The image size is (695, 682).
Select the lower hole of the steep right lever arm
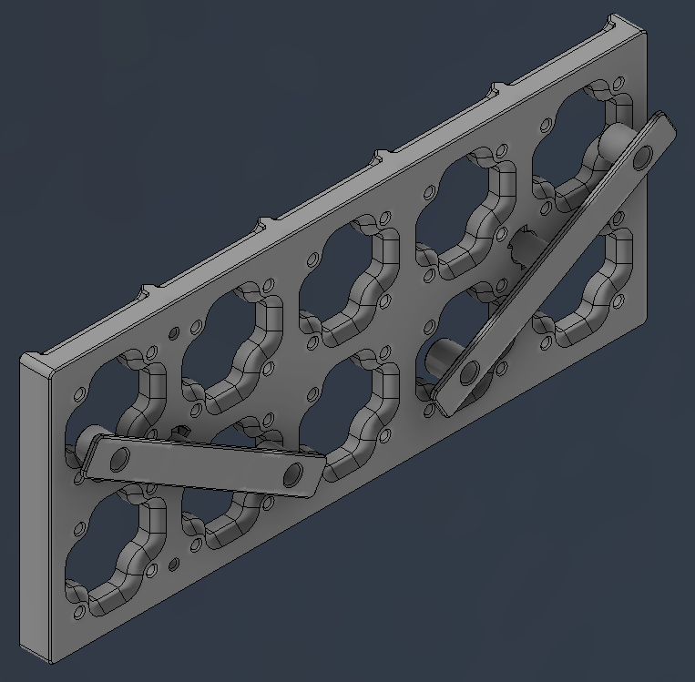pyautogui.click(x=470, y=372)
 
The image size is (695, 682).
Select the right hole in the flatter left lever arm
pyautogui.click(x=293, y=473)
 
